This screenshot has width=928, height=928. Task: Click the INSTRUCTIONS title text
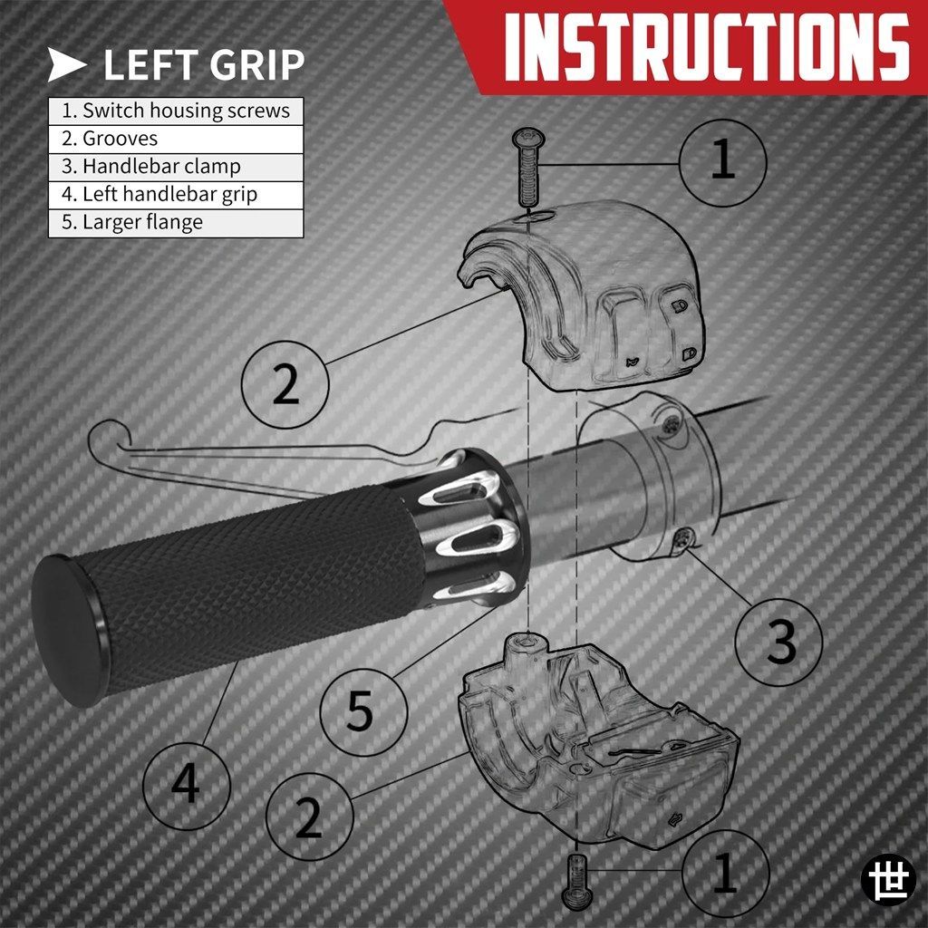[x=705, y=46]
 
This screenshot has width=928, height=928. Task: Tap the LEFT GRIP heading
[x=204, y=64]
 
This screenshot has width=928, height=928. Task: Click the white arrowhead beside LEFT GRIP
[x=66, y=64]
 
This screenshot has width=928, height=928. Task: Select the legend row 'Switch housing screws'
[x=176, y=111]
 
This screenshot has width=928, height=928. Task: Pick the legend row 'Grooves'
[x=176, y=139]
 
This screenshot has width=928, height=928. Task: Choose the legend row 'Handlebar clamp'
[x=176, y=167]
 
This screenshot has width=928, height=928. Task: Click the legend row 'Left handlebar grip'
[x=176, y=195]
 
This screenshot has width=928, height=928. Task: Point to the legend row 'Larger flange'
[x=176, y=223]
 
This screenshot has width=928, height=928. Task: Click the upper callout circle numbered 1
[x=722, y=163]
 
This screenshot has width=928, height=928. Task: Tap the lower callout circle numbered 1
[x=726, y=873]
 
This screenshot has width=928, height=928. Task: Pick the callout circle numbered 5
[x=364, y=711]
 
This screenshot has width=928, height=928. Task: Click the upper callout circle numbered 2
[x=285, y=384]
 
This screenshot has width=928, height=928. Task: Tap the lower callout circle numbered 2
[x=310, y=817]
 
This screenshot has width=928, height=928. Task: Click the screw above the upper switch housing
[x=528, y=167]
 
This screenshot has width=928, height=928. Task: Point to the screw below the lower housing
[x=575, y=881]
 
